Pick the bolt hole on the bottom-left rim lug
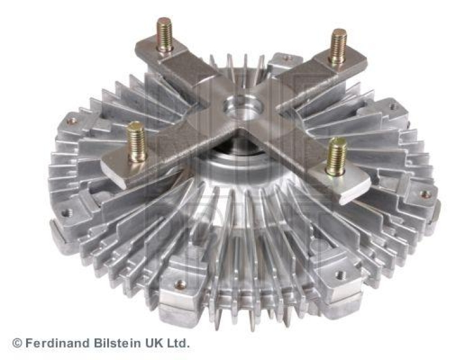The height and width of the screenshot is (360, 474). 180,284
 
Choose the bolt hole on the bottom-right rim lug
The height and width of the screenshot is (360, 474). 340,275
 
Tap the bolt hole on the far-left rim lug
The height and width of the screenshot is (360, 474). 67,212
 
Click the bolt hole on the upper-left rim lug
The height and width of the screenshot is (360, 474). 72,121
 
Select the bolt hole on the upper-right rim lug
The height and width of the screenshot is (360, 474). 393,107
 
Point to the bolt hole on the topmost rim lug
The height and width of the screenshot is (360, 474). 286,58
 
